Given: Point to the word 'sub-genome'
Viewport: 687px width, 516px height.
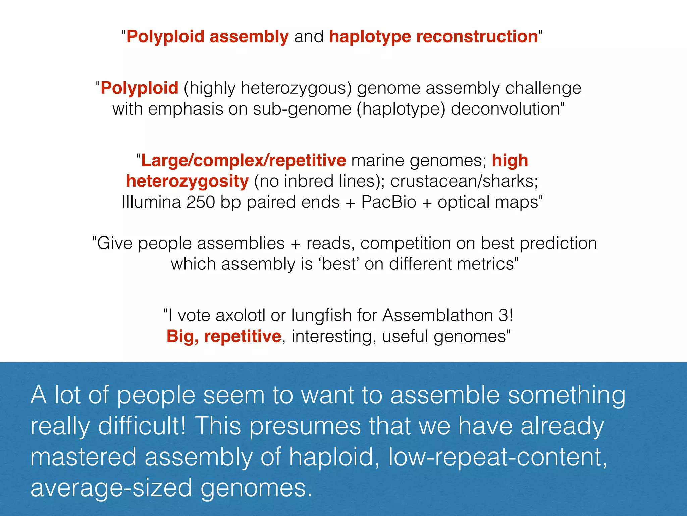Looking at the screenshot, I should [302, 109].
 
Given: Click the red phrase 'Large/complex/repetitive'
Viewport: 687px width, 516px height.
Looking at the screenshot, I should [244, 160].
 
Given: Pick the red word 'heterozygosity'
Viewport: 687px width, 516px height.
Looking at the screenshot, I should [188, 181].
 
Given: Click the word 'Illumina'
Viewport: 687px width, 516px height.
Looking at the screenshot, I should [151, 202].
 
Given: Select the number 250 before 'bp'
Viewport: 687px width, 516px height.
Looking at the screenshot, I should [200, 202].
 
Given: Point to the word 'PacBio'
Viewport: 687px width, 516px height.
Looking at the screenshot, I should [388, 202].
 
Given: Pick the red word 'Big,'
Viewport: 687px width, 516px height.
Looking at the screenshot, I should [182, 336].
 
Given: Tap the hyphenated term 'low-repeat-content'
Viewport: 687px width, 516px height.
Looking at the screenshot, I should [497, 457].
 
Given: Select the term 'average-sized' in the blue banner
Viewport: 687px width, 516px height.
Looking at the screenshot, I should [111, 488].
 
